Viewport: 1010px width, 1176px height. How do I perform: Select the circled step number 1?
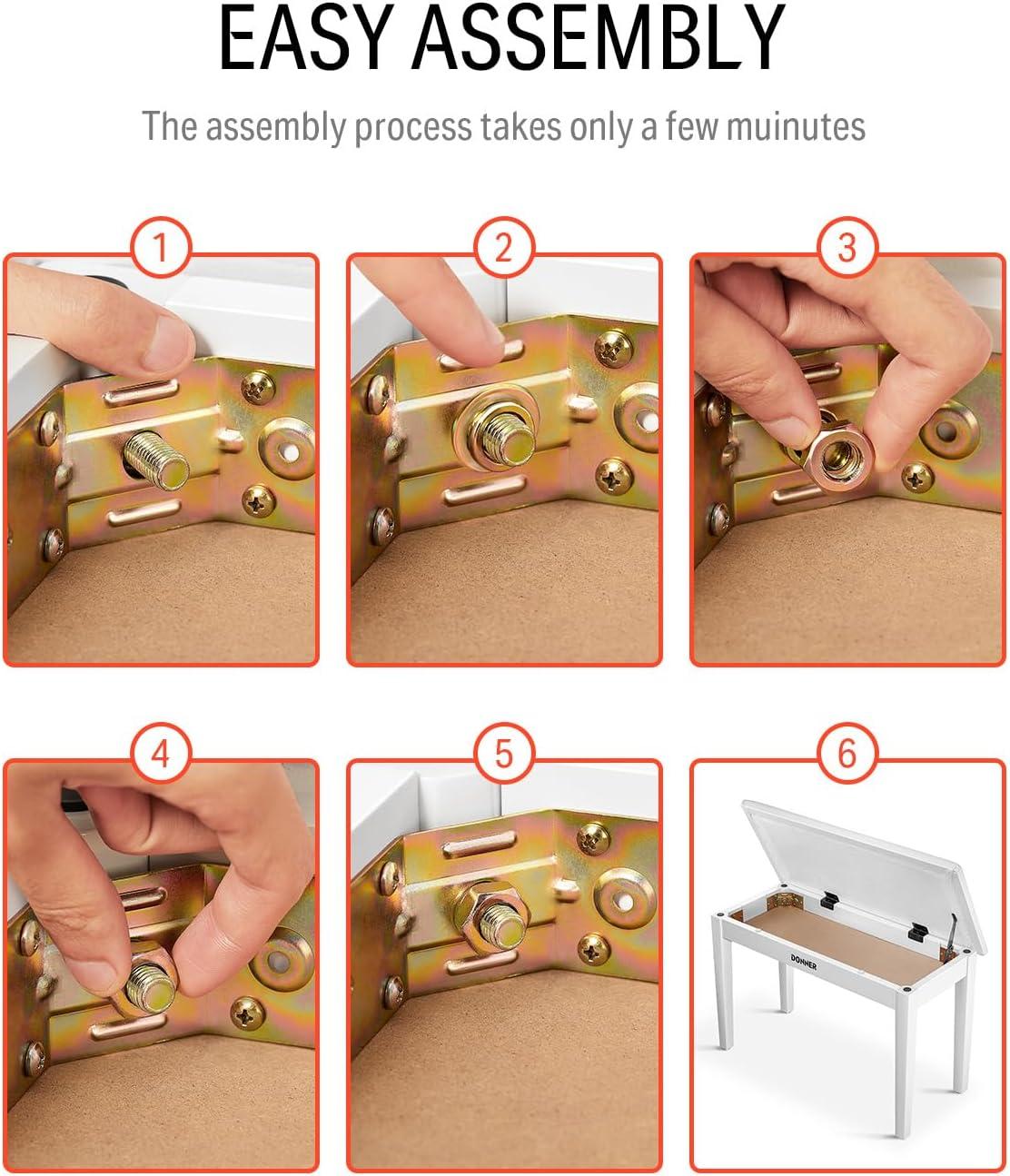[162, 248]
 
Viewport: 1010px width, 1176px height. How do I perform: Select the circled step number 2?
[504, 248]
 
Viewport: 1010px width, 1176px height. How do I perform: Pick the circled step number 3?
[847, 248]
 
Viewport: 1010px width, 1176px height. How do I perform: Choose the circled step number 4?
[162, 754]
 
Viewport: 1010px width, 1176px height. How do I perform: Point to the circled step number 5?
[504, 754]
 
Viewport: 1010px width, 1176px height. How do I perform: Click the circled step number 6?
[847, 754]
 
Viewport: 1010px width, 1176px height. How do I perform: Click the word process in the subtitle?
[413, 127]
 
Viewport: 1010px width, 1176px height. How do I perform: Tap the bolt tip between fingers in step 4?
[150, 984]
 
